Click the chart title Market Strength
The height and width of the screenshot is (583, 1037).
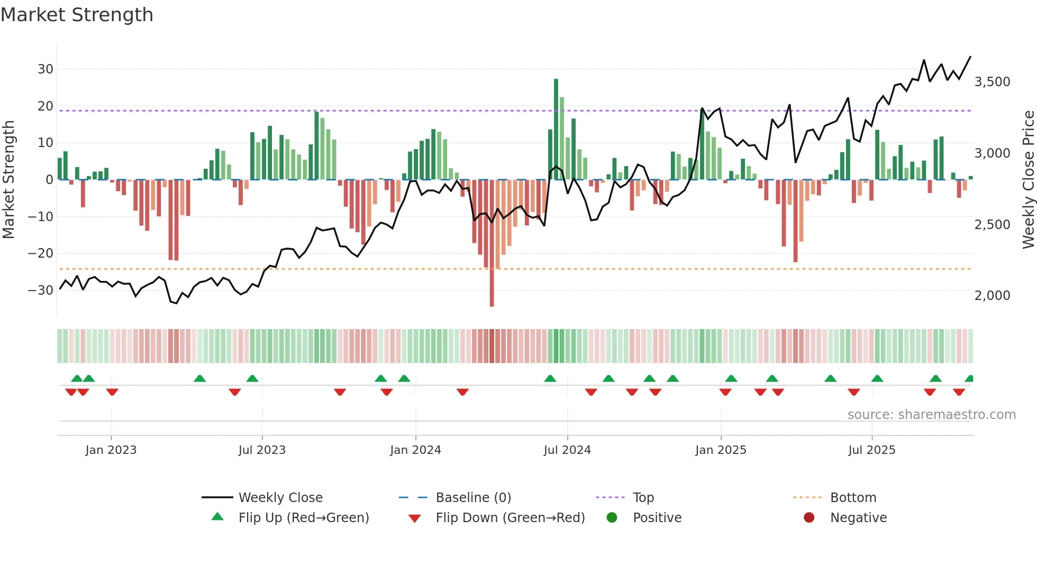(x=77, y=15)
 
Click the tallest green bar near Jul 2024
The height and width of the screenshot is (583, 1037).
(x=556, y=129)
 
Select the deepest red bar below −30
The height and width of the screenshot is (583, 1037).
(x=492, y=243)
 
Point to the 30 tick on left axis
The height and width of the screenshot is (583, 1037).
(x=46, y=69)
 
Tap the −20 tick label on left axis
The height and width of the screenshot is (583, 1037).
(x=41, y=253)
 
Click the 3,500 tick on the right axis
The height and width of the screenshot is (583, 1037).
(x=992, y=82)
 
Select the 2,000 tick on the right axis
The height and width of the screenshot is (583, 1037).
(x=992, y=296)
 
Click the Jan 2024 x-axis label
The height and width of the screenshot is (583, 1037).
(x=415, y=450)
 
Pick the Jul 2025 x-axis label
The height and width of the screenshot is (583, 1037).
(x=871, y=450)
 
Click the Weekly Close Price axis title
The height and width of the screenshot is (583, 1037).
(x=1028, y=180)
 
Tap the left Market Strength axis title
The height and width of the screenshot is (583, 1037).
(x=8, y=180)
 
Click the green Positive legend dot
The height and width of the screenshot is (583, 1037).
(x=612, y=518)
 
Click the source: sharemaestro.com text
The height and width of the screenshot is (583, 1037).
(x=931, y=415)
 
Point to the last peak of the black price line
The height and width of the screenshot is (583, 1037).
(x=970, y=57)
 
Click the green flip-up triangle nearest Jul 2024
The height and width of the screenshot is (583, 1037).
(x=550, y=379)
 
